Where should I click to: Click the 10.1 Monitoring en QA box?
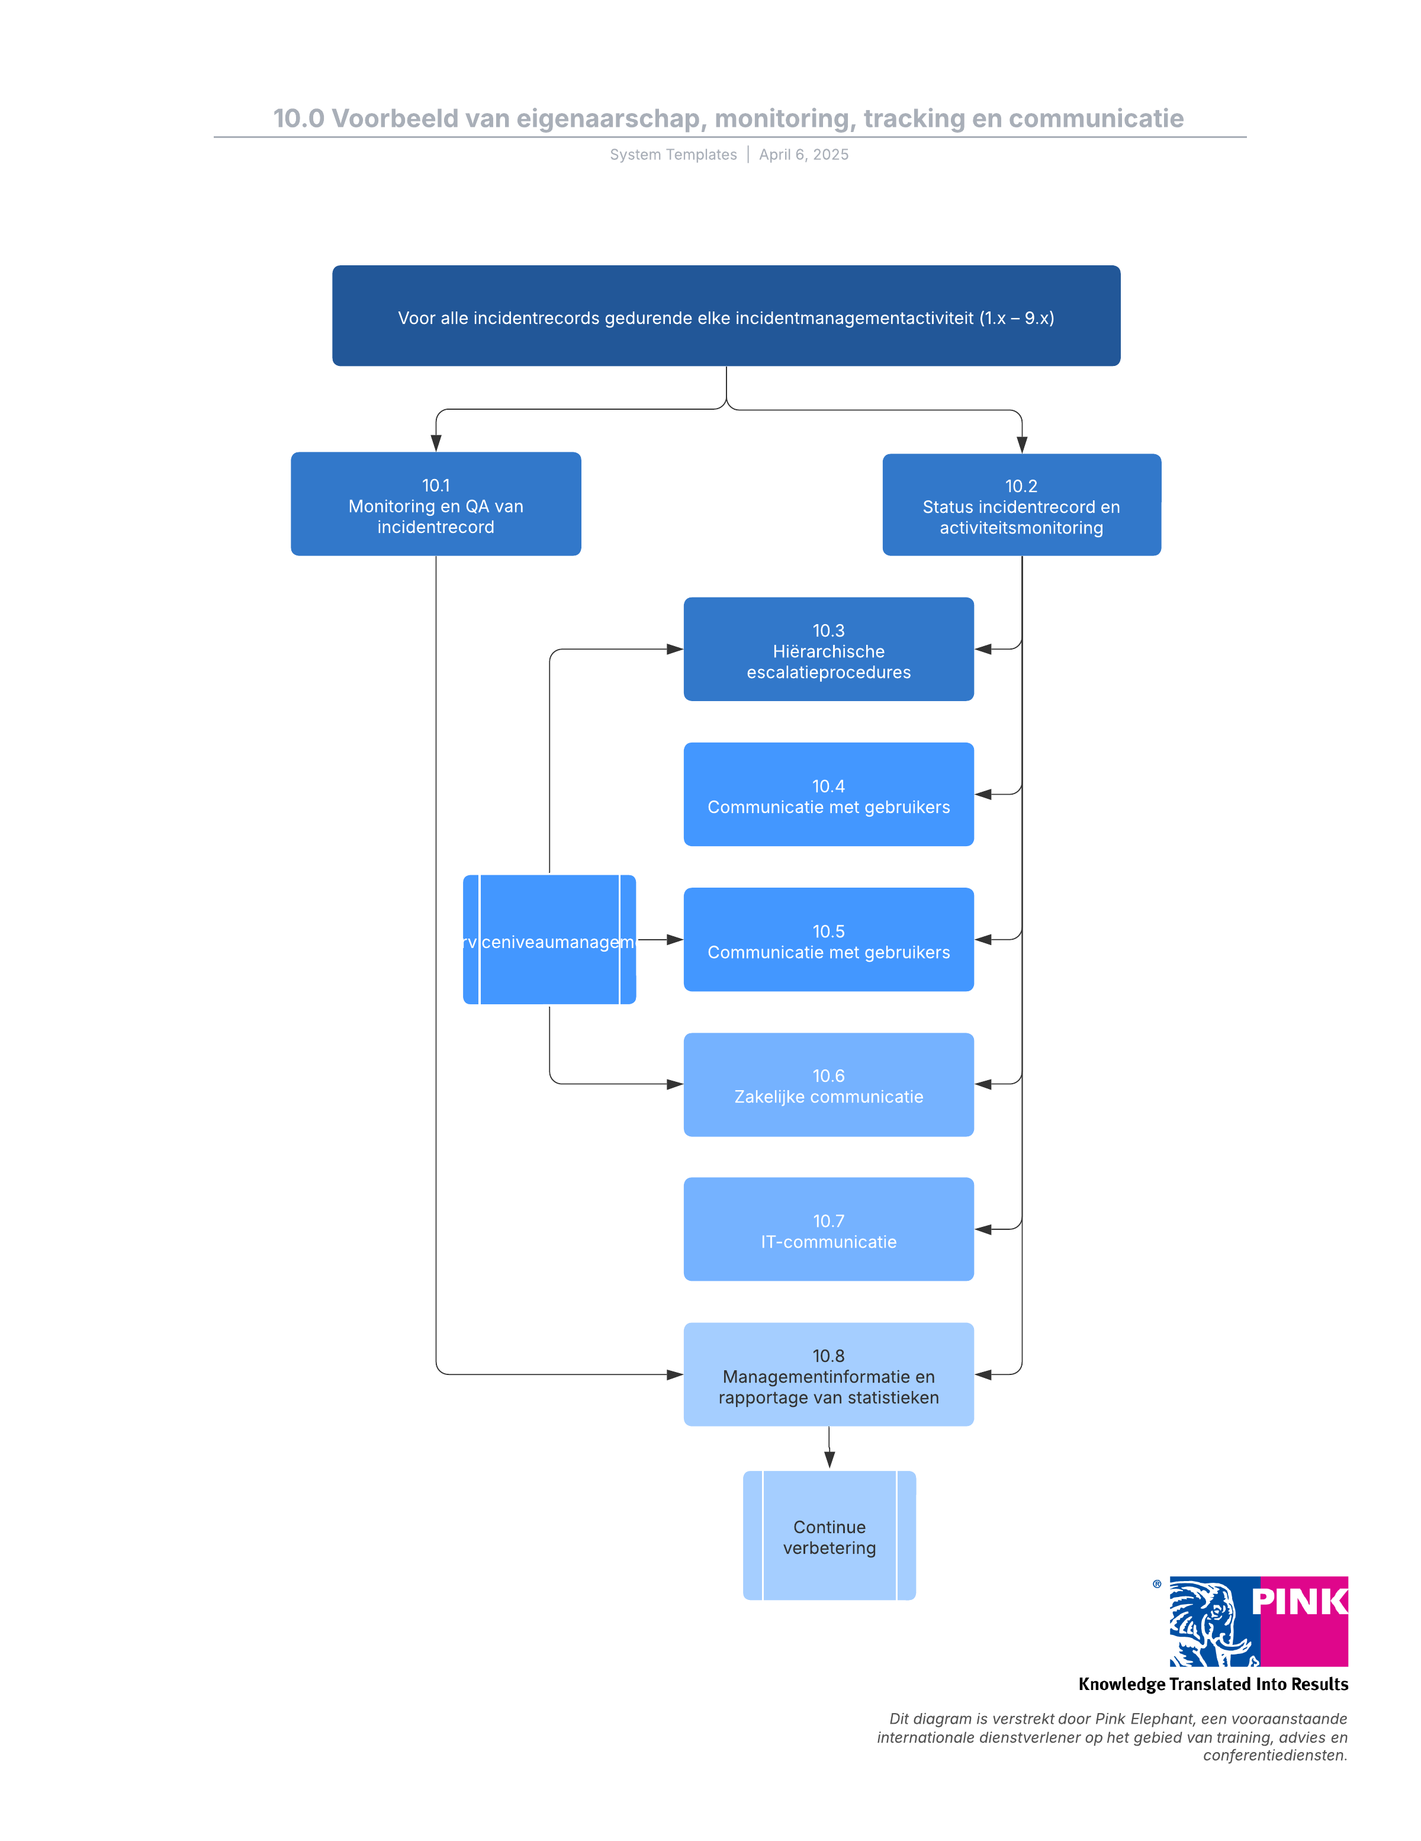pyautogui.click(x=435, y=504)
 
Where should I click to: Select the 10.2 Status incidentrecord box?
pyautogui.click(x=1021, y=505)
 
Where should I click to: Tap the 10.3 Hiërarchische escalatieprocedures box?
pyautogui.click(x=828, y=649)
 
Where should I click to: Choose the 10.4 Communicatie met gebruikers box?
pyautogui.click(x=828, y=794)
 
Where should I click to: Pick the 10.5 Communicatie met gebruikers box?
pyautogui.click(x=828, y=939)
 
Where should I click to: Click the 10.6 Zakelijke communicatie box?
pyautogui.click(x=828, y=1084)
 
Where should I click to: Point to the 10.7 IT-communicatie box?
pyautogui.click(x=828, y=1229)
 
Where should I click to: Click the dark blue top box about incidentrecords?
pyautogui.click(x=726, y=316)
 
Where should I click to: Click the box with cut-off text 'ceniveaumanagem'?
pyautogui.click(x=549, y=940)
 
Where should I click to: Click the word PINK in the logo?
pyautogui.click(x=1299, y=1602)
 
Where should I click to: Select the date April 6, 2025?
pyautogui.click(x=803, y=155)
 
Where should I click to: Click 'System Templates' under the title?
pyautogui.click(x=673, y=155)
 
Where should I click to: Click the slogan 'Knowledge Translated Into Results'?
pyautogui.click(x=1212, y=1684)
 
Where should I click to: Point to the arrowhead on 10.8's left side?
pyautogui.click(x=674, y=1375)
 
